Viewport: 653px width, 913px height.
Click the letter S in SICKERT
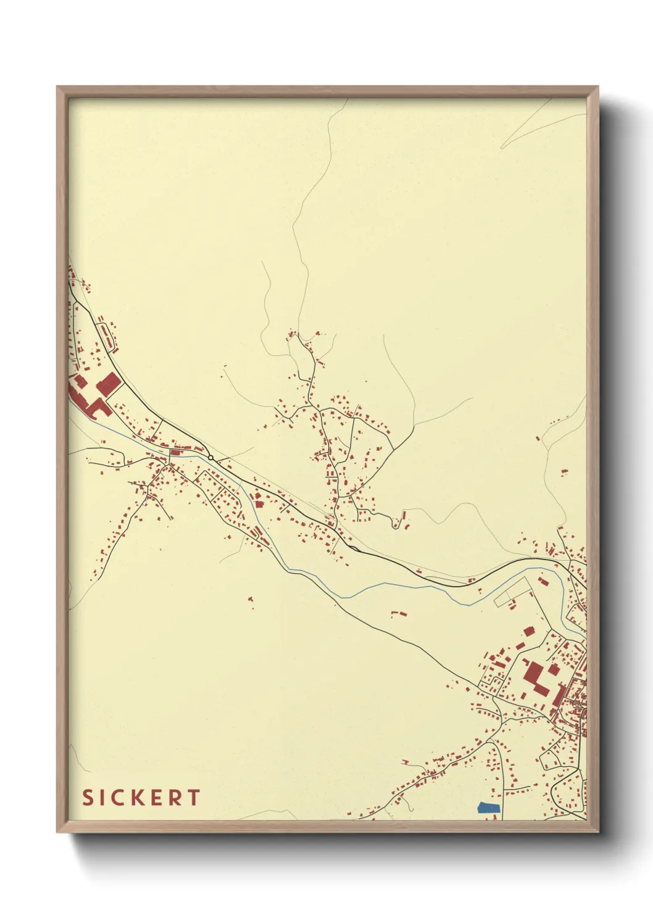pos(88,798)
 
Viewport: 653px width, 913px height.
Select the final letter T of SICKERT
pos(194,798)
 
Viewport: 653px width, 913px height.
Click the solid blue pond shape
pos(488,806)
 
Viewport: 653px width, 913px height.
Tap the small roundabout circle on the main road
pos(210,457)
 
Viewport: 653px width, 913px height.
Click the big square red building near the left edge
pos(109,384)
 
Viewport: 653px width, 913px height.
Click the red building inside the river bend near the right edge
pos(543,580)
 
